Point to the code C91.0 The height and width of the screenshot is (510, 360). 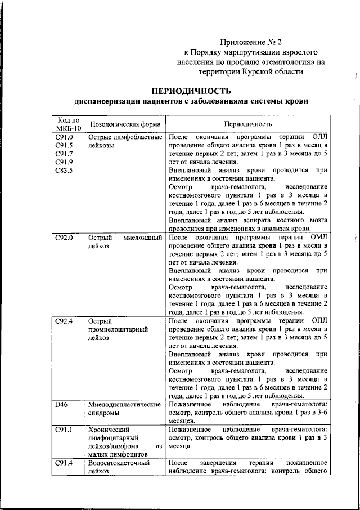(64, 137)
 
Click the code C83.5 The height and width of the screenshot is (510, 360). (64, 170)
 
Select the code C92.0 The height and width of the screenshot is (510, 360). (64, 238)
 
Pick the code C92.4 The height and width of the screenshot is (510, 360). (64, 321)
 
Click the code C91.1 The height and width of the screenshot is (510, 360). (64, 430)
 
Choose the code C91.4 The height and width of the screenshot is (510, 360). (64, 463)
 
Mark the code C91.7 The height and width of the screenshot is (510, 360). (64, 154)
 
